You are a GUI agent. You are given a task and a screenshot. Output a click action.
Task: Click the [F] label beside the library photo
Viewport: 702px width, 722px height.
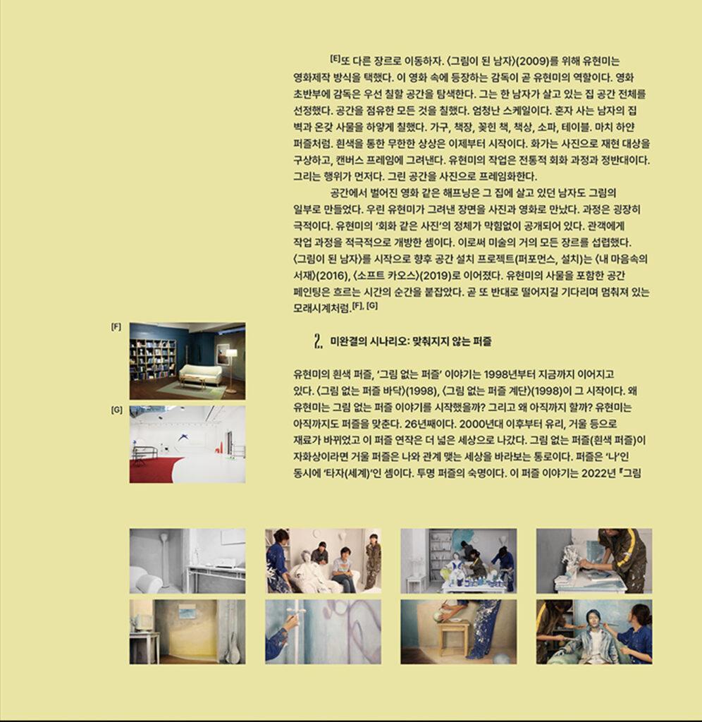coord(116,327)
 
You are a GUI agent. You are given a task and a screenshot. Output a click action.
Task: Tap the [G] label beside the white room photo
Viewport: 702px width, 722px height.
coord(116,410)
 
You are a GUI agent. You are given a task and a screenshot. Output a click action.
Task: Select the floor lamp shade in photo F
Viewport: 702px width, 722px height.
coord(231,353)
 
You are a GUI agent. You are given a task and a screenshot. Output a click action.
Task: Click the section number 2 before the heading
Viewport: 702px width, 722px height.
coord(318,341)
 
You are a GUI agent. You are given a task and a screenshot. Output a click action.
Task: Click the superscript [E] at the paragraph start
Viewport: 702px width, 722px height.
coord(335,59)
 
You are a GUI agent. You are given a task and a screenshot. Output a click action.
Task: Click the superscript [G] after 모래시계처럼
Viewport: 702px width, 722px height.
coord(372,306)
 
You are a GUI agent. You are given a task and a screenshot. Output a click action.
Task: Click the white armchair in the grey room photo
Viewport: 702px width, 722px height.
coord(147,578)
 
